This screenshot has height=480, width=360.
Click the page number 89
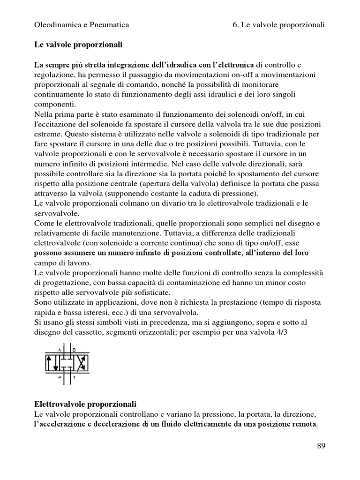click(x=321, y=446)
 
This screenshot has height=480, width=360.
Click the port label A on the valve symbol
click(x=60, y=350)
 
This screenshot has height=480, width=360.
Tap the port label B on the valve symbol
click(x=74, y=350)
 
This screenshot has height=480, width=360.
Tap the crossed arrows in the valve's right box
click(x=80, y=363)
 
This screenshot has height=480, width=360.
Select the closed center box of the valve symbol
click(x=67, y=363)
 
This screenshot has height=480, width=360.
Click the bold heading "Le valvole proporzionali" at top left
click(x=78, y=45)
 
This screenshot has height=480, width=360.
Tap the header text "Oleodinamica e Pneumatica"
click(x=82, y=24)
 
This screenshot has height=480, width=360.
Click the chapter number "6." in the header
click(x=235, y=24)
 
